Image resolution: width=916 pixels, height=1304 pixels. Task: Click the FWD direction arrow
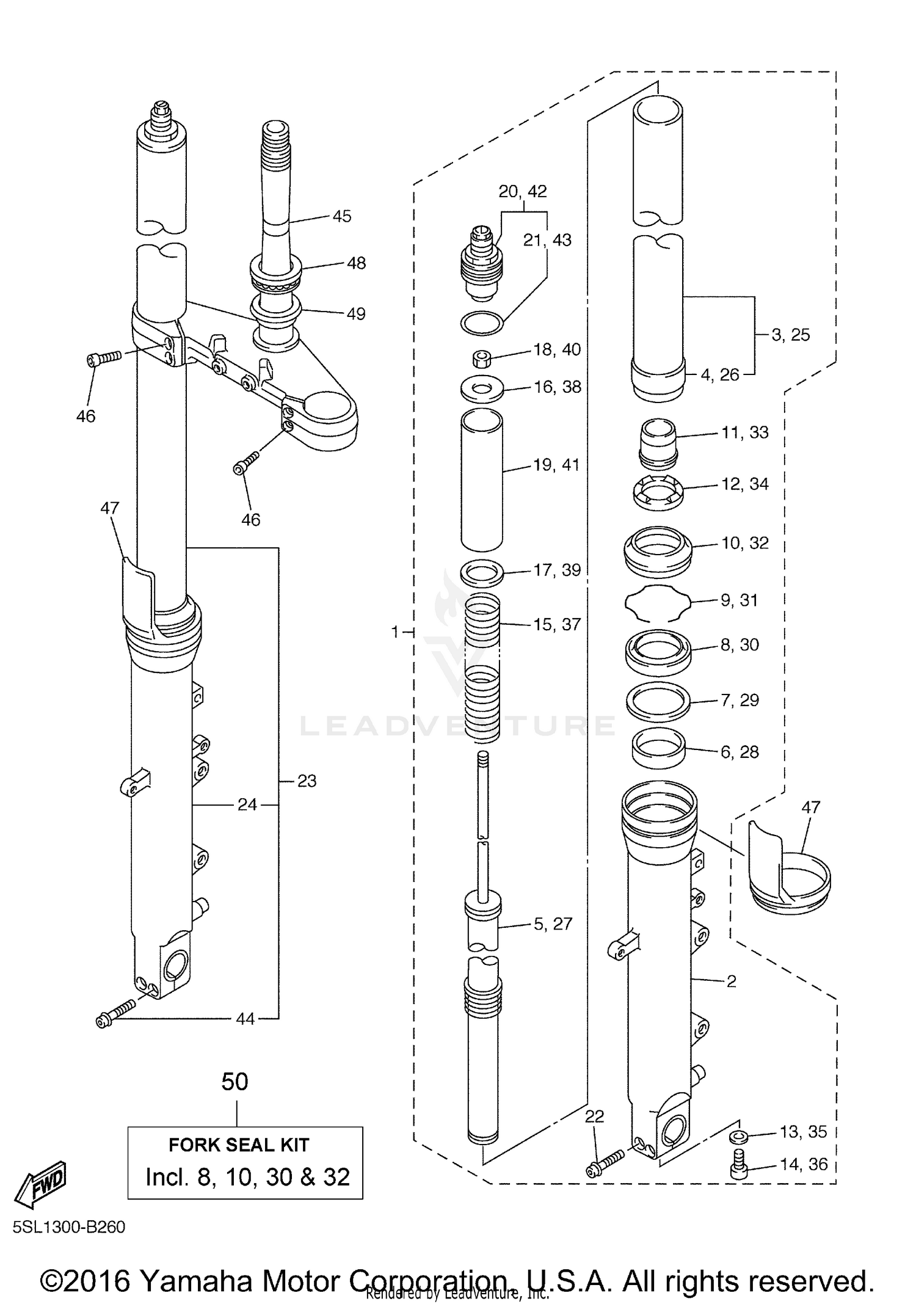(x=41, y=1183)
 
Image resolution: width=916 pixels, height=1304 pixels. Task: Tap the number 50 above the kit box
(x=234, y=1082)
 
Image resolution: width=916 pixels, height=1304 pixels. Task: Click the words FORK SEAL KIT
(x=239, y=1145)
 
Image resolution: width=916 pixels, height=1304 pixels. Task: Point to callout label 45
(x=342, y=216)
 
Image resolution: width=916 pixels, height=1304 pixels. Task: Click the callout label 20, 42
(x=522, y=191)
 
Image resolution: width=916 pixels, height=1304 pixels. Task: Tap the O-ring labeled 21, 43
(x=482, y=323)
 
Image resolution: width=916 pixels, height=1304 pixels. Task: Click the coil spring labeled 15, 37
(x=482, y=666)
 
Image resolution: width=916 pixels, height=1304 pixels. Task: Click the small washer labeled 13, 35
(x=738, y=1137)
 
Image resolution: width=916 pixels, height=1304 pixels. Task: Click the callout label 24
(x=247, y=805)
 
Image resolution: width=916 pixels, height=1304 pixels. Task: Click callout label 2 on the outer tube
(x=731, y=982)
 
